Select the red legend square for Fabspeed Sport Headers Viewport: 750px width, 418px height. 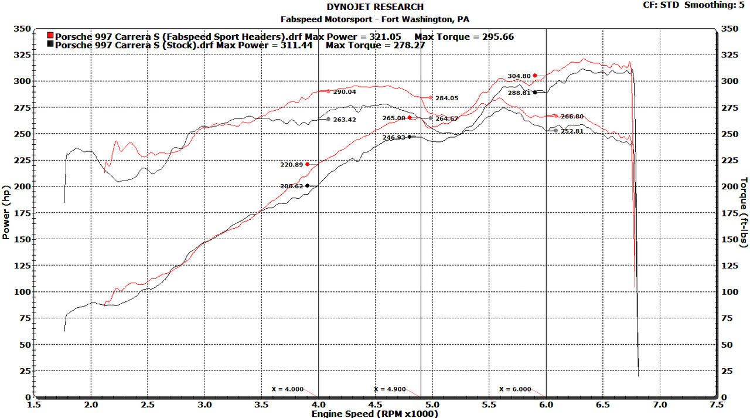click(50, 36)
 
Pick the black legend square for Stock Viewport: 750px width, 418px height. click(50, 45)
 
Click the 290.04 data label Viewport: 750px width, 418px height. click(345, 92)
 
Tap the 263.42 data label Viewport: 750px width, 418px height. click(345, 120)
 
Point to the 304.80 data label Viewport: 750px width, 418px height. click(519, 76)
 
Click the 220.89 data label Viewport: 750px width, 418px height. click(291, 165)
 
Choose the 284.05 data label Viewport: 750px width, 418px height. click(446, 98)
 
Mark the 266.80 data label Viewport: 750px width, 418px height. click(572, 117)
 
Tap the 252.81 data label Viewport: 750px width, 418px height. click(572, 131)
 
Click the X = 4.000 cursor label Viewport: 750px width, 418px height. click(288, 389)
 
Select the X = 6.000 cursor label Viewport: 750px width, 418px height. click(515, 389)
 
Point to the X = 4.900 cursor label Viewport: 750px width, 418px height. click(390, 389)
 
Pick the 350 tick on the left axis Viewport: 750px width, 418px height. click(22, 29)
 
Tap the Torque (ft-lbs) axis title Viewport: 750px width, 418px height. click(744, 212)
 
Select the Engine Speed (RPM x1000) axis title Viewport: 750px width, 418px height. click(375, 413)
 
